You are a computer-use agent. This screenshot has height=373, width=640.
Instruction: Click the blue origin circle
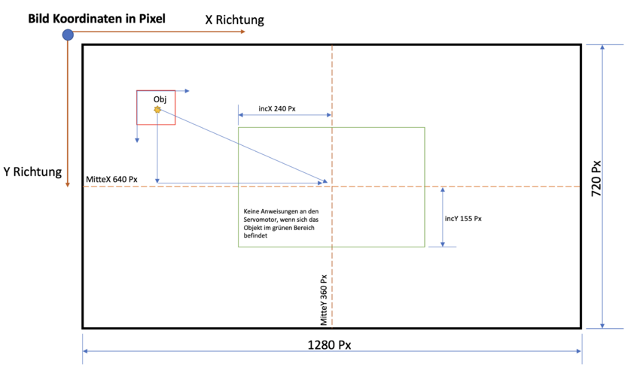(68, 35)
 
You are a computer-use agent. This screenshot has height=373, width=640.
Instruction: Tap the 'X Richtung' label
(235, 20)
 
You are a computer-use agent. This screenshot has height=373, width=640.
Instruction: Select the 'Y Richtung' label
(32, 171)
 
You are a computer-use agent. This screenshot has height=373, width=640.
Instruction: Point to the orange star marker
(157, 110)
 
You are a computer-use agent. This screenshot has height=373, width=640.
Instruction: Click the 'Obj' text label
(160, 99)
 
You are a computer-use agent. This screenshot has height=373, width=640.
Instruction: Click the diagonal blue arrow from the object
(241, 146)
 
